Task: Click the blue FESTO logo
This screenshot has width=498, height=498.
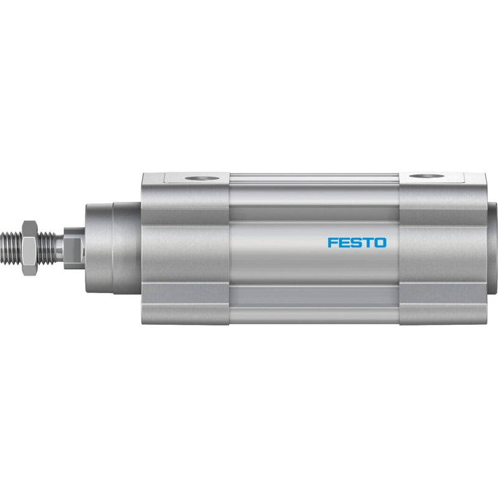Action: (x=357, y=243)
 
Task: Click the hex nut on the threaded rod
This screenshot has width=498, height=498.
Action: (x=30, y=248)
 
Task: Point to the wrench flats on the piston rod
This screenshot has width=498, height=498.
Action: (x=74, y=248)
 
